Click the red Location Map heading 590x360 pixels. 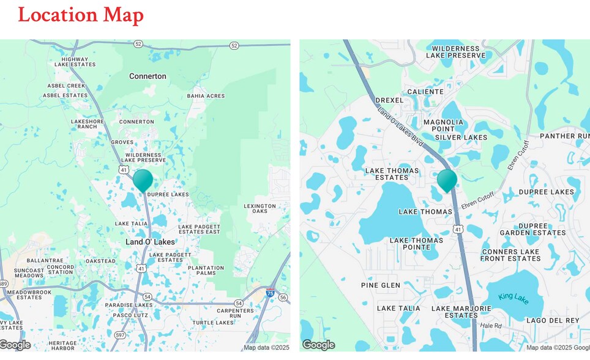81,15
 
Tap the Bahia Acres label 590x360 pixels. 206,96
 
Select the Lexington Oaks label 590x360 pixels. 260,208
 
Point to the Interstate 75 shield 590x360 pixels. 271,293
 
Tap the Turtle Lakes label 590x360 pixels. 213,323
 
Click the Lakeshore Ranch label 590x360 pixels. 88,124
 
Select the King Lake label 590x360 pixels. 513,296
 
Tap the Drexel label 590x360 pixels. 389,100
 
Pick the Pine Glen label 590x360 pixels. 381,285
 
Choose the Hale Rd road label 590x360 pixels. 491,326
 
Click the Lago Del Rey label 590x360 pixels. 552,321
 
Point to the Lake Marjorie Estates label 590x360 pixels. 461,312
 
